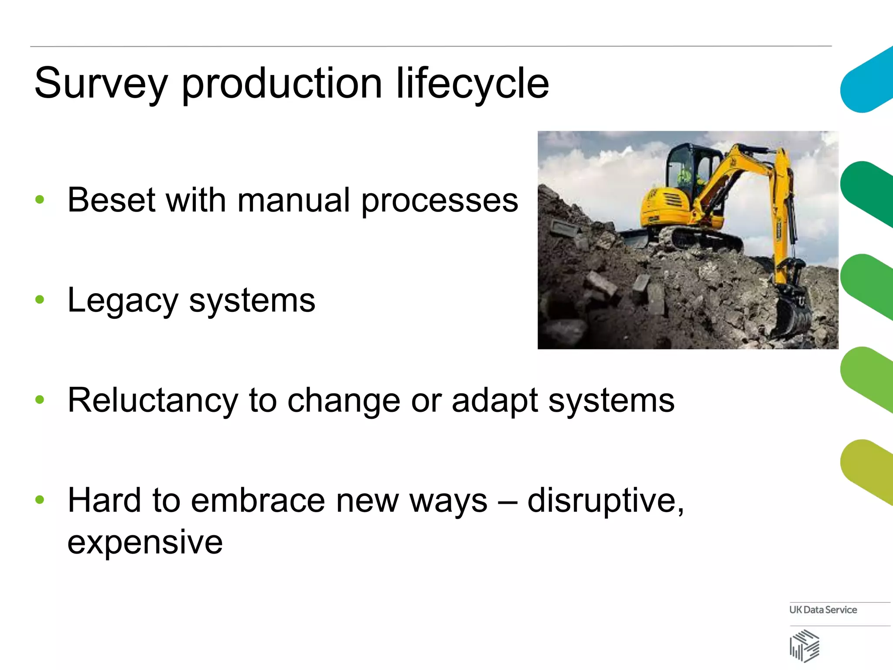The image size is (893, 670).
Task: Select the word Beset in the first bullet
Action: coord(112,200)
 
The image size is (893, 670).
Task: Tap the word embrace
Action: coord(258,501)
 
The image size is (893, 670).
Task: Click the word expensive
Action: coord(145,542)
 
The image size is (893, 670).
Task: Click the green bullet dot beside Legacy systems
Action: coord(40,300)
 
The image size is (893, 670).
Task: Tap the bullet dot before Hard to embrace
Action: coord(40,499)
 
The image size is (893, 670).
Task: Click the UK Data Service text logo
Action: coord(823,610)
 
